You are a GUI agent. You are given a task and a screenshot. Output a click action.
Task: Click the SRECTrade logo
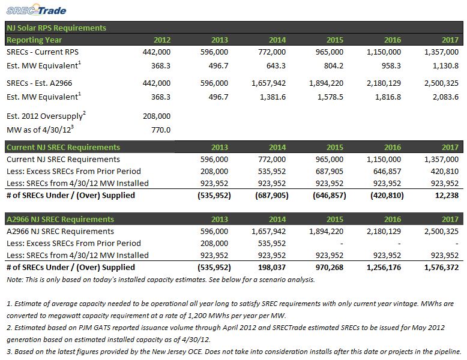click(36, 10)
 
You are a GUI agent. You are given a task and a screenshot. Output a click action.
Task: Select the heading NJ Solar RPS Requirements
click(56, 28)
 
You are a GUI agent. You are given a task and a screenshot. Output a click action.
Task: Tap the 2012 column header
click(162, 40)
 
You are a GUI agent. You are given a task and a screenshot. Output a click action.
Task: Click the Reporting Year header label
click(34, 40)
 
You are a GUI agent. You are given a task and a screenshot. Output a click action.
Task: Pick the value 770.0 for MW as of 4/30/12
click(161, 130)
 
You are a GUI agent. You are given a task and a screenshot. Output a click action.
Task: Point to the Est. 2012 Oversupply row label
click(46, 116)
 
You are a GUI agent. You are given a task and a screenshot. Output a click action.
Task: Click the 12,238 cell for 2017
click(447, 196)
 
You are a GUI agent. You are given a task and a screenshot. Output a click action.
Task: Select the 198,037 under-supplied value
click(272, 268)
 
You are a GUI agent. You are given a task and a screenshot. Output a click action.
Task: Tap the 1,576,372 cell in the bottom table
click(441, 268)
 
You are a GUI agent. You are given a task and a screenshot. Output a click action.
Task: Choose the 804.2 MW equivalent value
click(334, 65)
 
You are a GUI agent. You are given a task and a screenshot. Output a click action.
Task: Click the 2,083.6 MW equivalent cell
click(445, 97)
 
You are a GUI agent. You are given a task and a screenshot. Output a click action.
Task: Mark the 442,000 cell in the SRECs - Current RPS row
click(157, 52)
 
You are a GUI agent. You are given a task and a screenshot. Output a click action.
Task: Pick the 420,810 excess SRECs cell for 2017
click(445, 171)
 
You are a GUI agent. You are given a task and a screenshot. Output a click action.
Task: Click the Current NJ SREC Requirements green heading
click(64, 148)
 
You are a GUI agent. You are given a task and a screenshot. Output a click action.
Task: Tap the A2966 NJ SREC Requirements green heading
click(60, 220)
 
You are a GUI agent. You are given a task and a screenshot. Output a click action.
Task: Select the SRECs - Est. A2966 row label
click(39, 83)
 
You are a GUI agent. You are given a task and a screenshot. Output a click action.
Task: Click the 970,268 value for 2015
click(330, 268)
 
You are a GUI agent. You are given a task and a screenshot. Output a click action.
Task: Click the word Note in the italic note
click(14, 280)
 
